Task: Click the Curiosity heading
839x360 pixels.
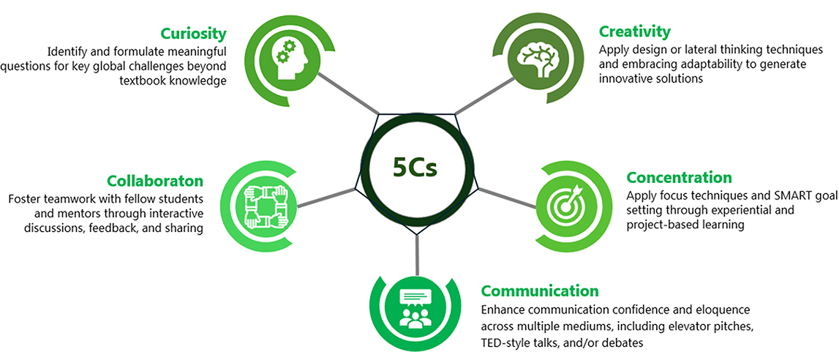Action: point(193,34)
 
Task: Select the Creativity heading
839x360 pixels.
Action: point(634,31)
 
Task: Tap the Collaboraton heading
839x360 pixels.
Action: point(155,181)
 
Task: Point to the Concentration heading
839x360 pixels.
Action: point(679,178)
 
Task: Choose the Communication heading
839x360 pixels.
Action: point(540,291)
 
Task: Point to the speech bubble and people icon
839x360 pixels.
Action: point(414,308)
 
